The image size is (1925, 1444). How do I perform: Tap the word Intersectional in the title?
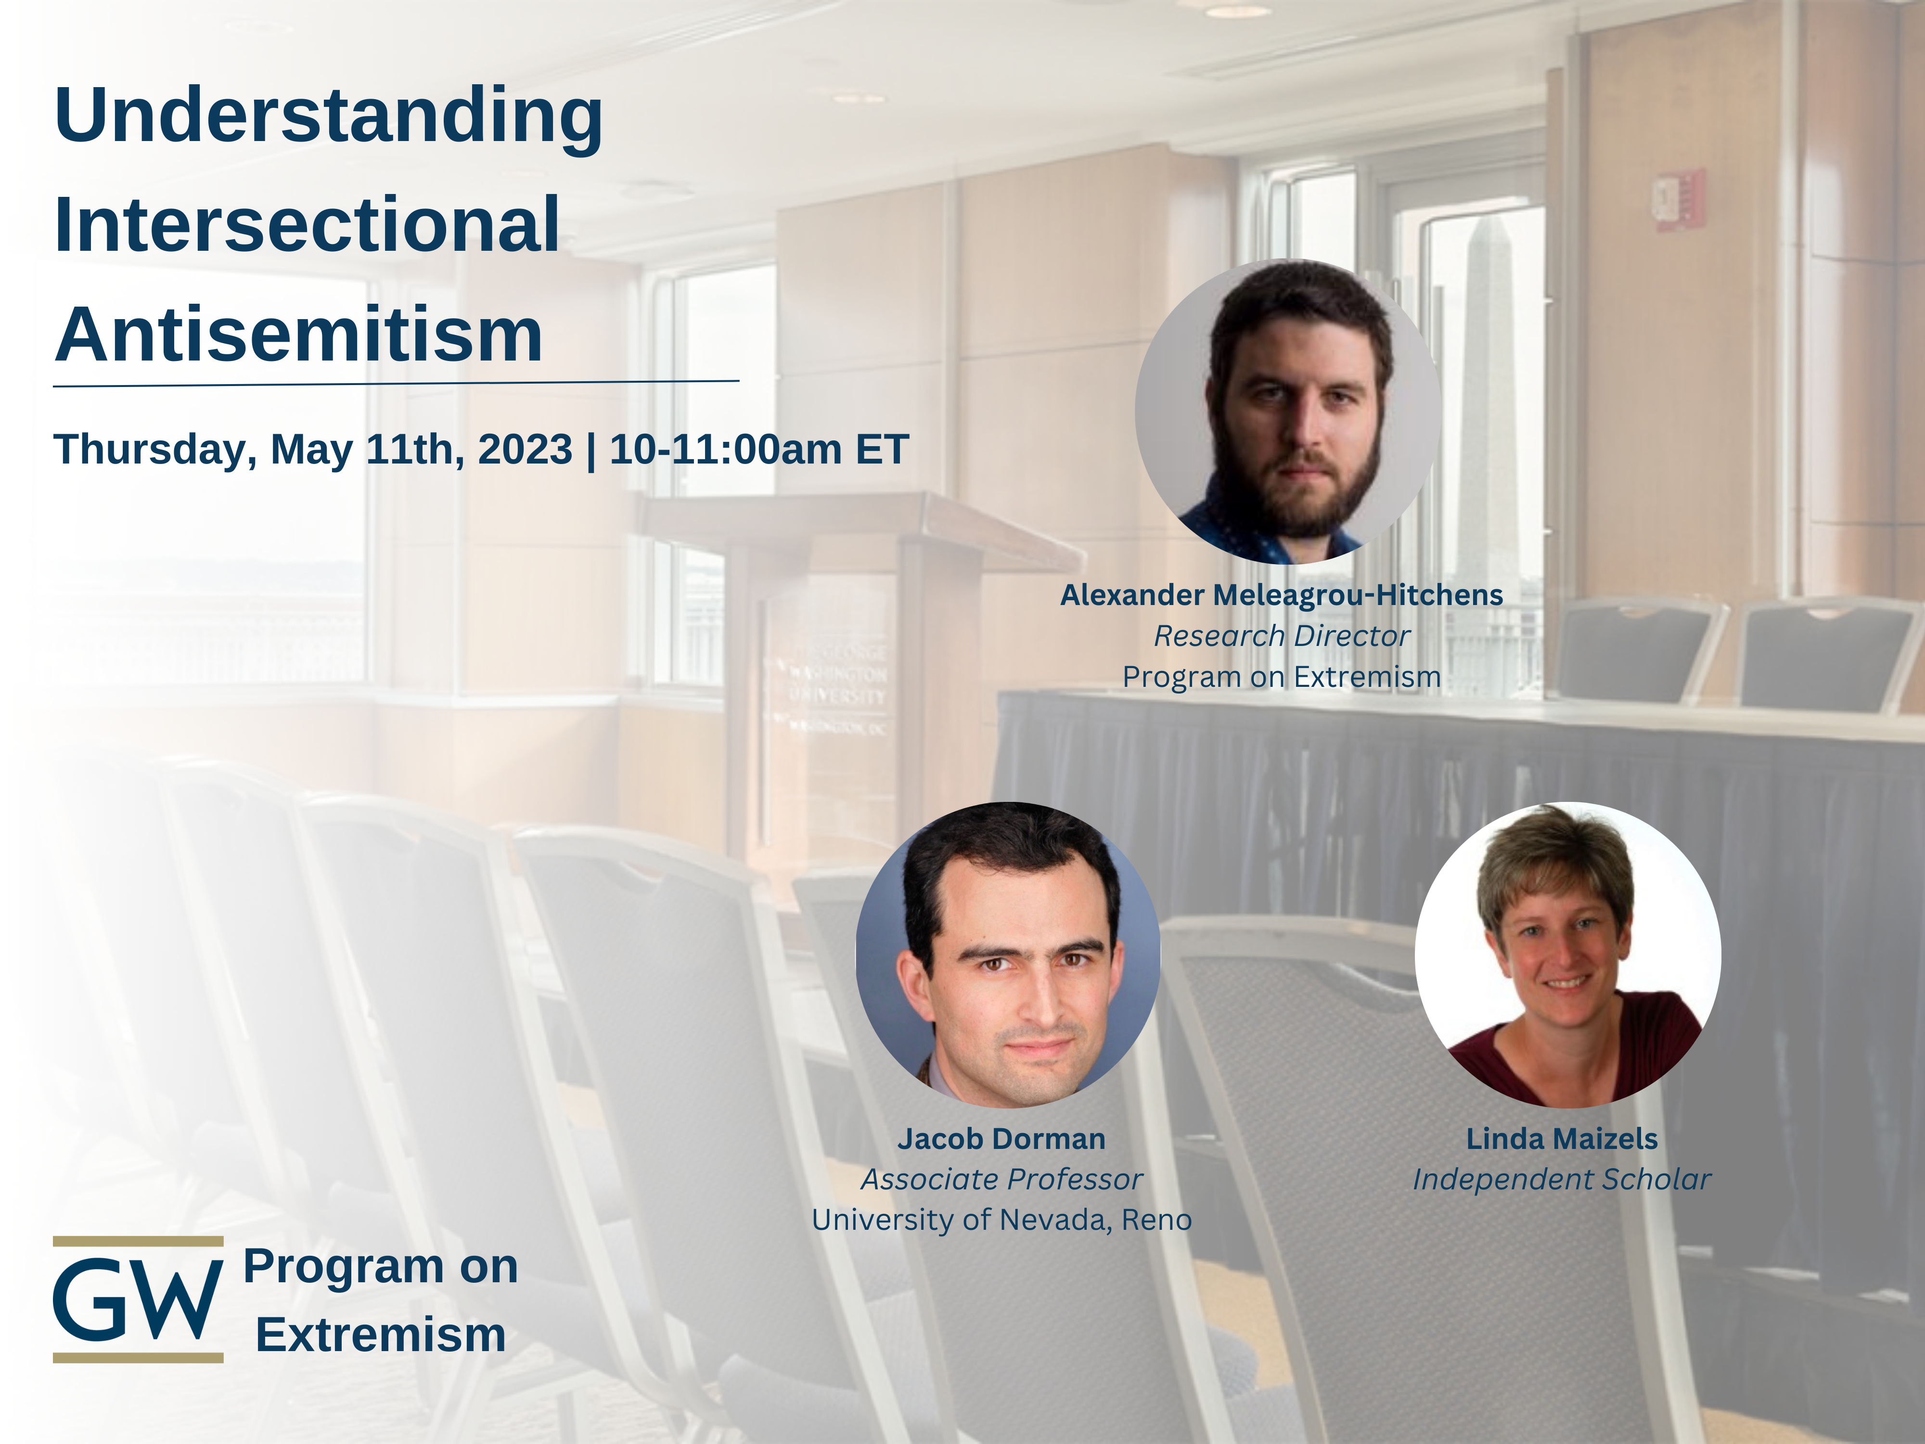tap(307, 225)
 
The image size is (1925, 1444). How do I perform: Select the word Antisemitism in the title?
tap(298, 335)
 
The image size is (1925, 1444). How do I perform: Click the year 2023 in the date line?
tap(525, 449)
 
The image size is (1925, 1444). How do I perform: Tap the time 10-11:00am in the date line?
tap(726, 449)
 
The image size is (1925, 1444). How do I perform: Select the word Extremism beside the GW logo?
tap(380, 1334)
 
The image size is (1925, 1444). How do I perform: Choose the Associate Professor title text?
tap(1001, 1179)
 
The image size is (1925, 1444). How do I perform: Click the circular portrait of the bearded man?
tap(1287, 412)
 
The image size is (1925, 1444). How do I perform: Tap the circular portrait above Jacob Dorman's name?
tap(1008, 954)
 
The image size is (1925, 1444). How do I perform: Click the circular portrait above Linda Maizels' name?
tap(1567, 954)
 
